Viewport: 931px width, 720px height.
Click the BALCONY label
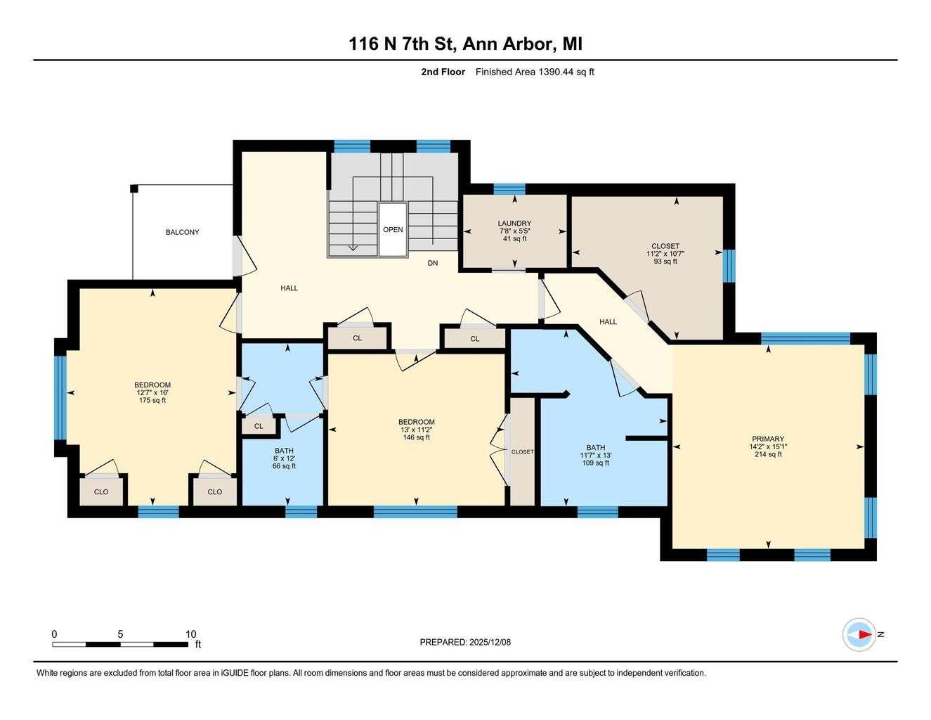(x=182, y=232)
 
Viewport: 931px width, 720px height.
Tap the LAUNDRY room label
(x=514, y=224)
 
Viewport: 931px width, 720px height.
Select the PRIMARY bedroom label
(x=768, y=439)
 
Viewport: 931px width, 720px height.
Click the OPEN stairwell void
(x=393, y=230)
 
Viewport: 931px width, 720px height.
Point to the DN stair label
(x=433, y=263)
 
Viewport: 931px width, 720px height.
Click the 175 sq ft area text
(x=152, y=400)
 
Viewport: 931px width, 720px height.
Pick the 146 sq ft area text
(x=416, y=437)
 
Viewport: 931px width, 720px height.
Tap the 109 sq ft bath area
(x=596, y=463)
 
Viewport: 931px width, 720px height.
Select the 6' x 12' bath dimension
(x=284, y=458)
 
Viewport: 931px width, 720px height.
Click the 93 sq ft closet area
(x=665, y=262)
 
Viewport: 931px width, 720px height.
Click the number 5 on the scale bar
(x=120, y=634)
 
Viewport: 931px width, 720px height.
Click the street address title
(x=465, y=44)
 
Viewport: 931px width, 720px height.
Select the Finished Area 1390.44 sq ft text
(x=535, y=72)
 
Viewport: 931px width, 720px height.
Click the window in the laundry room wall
(x=509, y=189)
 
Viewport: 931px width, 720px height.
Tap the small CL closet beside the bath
(x=259, y=426)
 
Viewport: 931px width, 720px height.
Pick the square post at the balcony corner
(x=134, y=188)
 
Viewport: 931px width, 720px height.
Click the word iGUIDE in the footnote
(x=235, y=674)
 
